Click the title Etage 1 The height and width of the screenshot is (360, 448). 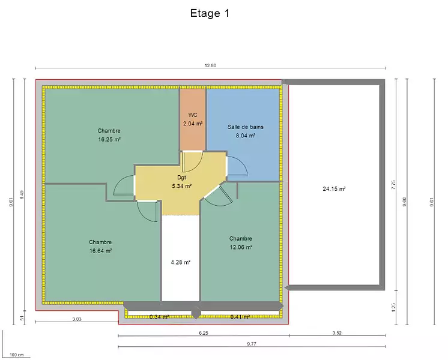coord(210,13)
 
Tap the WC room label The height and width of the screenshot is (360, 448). coord(193,115)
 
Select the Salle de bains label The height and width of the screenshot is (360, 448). coord(246,127)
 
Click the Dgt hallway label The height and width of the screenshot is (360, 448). coord(181,177)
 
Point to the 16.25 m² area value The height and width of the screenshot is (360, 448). coord(109,139)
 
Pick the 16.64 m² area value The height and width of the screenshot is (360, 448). coord(100,251)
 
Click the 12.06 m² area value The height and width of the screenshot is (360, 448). coord(241,247)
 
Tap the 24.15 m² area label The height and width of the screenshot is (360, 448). coord(334,188)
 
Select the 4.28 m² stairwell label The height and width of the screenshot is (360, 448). coord(181,262)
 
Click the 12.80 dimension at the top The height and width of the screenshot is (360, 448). coord(210,65)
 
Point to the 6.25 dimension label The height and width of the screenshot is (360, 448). coord(204,333)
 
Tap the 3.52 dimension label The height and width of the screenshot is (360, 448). coord(337,333)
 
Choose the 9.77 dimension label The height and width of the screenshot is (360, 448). coord(252,344)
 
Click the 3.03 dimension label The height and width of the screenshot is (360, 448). coord(77,319)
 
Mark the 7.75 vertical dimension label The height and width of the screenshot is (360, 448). coord(393,185)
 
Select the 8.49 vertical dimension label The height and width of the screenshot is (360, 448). coord(22,195)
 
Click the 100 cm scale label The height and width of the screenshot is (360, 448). coord(17,355)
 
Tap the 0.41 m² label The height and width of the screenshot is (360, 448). coord(240,317)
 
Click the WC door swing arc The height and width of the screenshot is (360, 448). coord(199,162)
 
